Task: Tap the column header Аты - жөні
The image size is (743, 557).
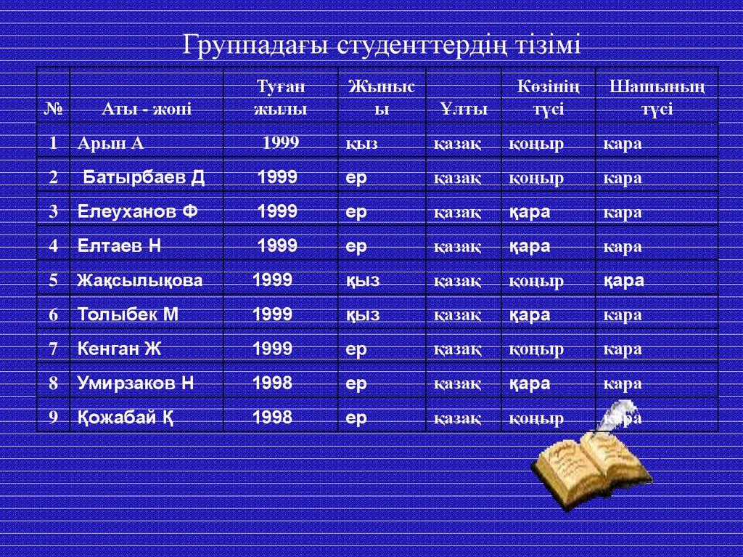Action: click(147, 109)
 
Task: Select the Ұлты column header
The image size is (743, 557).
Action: click(464, 109)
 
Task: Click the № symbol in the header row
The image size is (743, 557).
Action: click(53, 109)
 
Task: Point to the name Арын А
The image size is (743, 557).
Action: click(110, 143)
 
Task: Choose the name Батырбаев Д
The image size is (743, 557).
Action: click(144, 177)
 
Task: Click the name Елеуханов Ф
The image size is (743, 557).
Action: click(137, 211)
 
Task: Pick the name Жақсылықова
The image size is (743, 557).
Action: click(140, 280)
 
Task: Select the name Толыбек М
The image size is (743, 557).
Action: click(128, 314)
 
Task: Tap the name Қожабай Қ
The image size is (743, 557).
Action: click(125, 418)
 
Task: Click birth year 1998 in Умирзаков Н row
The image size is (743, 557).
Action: click(272, 383)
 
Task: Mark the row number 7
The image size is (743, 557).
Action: click(53, 349)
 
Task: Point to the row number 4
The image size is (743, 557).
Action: click(53, 245)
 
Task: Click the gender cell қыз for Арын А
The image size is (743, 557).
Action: click(361, 144)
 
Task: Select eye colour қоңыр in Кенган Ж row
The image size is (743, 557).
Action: click(536, 350)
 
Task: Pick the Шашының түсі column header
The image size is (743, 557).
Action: click(657, 98)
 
